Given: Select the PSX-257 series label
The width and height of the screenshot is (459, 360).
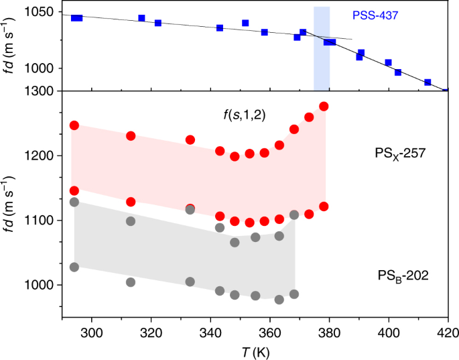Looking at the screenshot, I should click(x=401, y=154).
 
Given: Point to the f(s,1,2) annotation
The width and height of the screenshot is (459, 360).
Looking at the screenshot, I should click(x=245, y=115).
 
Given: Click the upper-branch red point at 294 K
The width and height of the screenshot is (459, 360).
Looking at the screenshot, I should click(x=74, y=125).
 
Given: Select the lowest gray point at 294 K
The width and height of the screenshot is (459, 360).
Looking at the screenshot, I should click(x=74, y=267).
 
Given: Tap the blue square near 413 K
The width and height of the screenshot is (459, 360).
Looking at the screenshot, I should click(x=428, y=82).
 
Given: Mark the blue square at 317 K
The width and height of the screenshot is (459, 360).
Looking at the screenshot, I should click(x=141, y=18).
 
